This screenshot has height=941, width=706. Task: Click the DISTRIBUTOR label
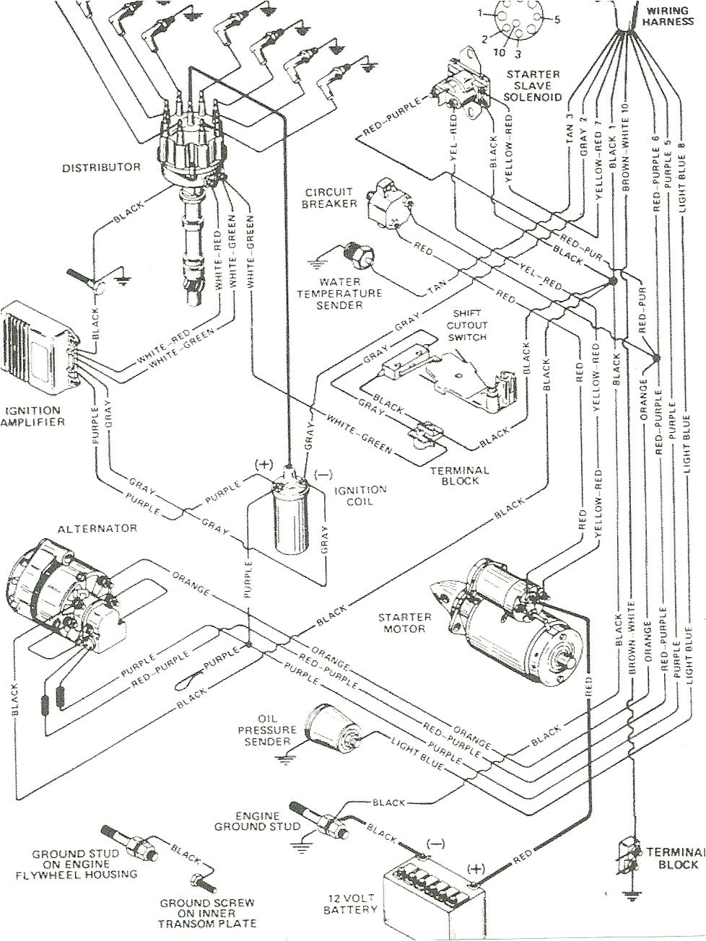(x=101, y=167)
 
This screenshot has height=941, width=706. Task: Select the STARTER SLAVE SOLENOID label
(x=534, y=85)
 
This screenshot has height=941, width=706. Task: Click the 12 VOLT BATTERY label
(x=352, y=903)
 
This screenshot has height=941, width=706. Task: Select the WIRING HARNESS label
(x=675, y=16)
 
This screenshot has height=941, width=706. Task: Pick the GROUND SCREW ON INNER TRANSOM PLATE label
(x=208, y=912)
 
